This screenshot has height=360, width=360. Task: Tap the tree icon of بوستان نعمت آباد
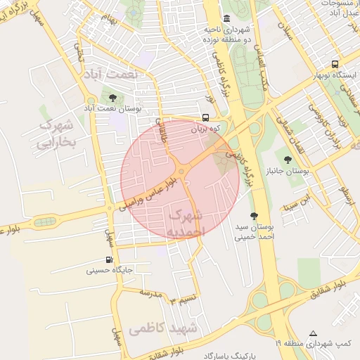112,97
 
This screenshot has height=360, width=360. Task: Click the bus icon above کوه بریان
205,118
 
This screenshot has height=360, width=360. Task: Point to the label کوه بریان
205,130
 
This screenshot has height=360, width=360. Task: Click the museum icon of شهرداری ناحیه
226,18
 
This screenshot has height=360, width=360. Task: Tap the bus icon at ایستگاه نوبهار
335,63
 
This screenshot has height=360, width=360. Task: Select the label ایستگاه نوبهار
335,75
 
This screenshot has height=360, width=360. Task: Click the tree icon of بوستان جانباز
288,160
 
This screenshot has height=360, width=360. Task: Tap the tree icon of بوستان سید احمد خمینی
253,216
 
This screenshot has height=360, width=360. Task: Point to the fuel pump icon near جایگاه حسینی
108,259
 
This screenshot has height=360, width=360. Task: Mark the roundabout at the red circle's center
181,172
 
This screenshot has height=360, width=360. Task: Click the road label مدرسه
150,290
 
